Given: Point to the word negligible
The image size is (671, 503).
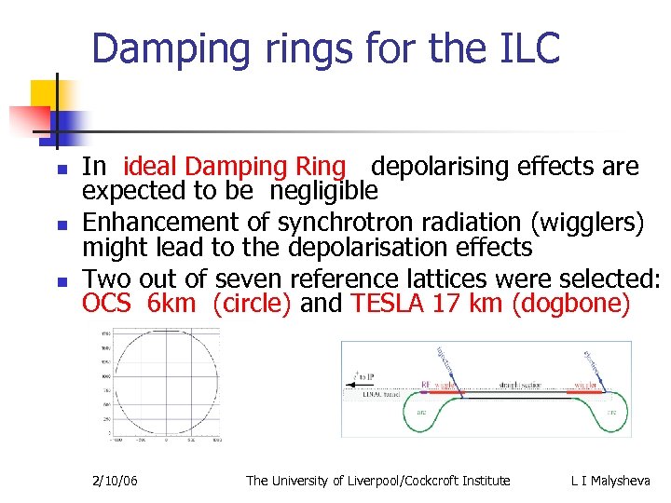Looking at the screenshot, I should pos(324,191).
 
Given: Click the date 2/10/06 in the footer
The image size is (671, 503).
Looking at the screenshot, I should pos(116,481).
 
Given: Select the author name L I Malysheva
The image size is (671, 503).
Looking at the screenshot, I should pos(610,481).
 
